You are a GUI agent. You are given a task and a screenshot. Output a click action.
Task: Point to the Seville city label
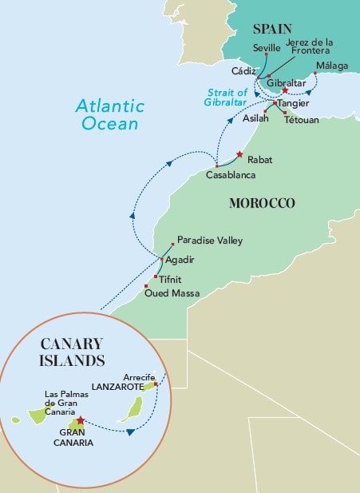(267, 48)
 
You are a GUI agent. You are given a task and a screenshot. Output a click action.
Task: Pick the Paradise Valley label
(209, 240)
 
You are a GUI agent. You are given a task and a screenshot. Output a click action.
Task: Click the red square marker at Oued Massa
(146, 286)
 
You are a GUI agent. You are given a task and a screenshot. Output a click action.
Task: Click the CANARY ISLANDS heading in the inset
(72, 352)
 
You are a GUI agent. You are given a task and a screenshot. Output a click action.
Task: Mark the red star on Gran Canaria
(80, 419)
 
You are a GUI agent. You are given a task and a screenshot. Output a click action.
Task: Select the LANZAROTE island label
(118, 387)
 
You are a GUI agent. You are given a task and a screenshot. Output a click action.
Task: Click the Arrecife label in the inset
(140, 376)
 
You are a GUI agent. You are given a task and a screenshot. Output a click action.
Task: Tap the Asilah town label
(255, 117)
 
